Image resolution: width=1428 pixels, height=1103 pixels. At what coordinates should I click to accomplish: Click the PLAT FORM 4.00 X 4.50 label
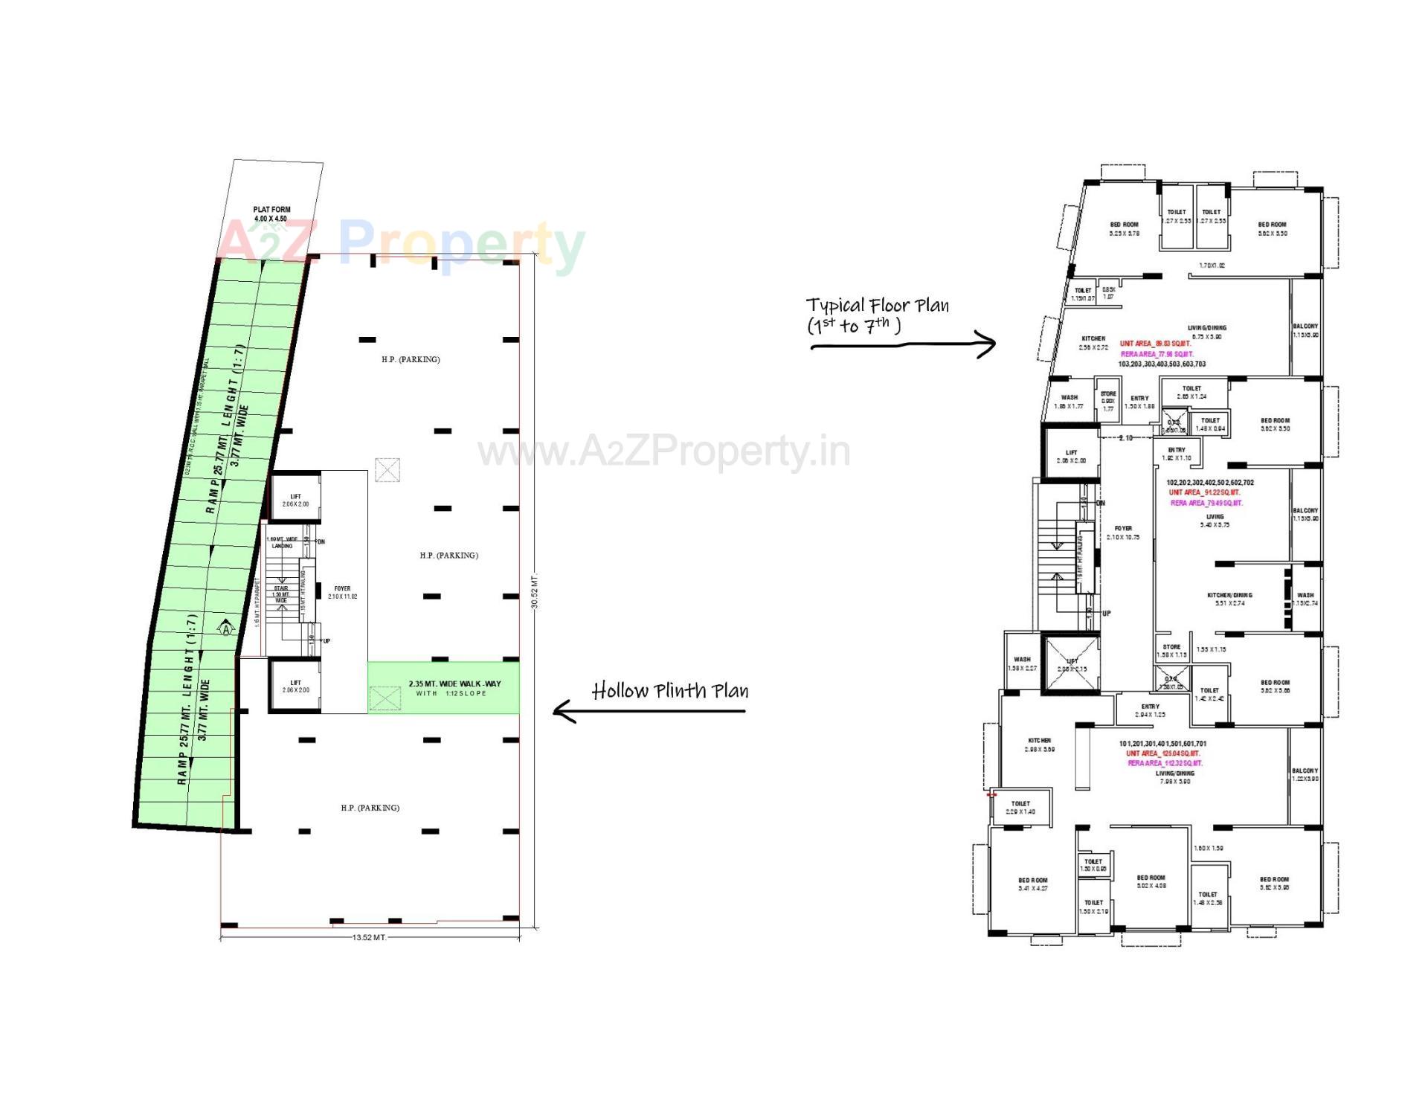point(271,214)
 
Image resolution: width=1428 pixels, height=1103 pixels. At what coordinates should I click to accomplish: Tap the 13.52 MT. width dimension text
point(370,937)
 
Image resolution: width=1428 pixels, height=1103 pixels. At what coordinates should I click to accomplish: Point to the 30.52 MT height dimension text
point(535,591)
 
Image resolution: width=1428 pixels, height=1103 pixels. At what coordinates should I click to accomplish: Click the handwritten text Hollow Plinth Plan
point(669,691)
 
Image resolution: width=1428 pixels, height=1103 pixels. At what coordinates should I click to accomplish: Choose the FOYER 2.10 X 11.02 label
point(342,592)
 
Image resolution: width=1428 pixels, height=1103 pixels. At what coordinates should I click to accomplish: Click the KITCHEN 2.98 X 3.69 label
point(1039,745)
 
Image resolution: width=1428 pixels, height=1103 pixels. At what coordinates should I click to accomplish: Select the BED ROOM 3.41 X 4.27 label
point(1032,884)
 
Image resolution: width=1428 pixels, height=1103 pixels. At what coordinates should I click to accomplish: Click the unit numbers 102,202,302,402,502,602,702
point(1209,483)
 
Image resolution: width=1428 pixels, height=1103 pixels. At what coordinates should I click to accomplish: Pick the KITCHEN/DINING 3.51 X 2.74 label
point(1229,599)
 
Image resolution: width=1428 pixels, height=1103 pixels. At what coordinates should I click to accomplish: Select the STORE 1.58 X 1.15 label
point(1171,651)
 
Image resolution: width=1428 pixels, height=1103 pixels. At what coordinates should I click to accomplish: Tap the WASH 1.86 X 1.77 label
point(1069,402)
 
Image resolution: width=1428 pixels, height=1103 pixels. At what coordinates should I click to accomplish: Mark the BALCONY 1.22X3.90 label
point(1305,774)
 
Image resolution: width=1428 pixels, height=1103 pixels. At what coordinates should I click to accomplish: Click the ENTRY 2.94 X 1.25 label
point(1150,710)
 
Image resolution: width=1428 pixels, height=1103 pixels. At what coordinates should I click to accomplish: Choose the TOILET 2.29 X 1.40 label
point(1020,807)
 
